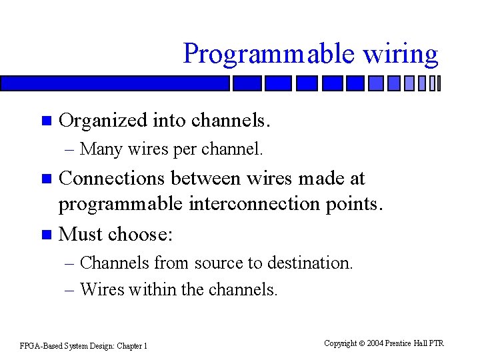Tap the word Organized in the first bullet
tap(103, 121)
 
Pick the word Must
tap(81, 234)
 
